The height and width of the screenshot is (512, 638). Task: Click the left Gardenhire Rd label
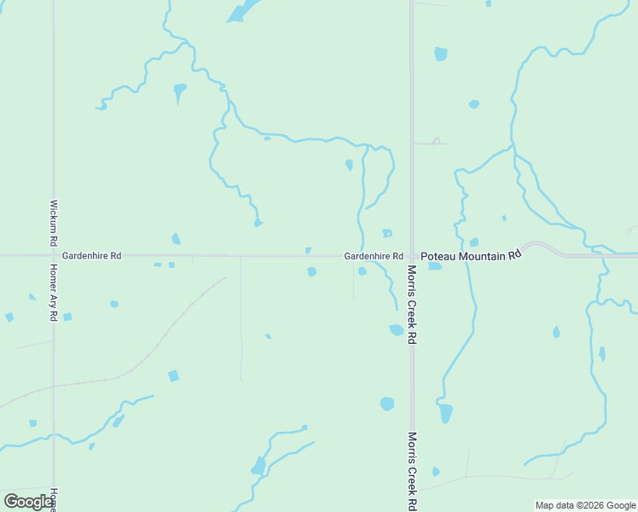[91, 255]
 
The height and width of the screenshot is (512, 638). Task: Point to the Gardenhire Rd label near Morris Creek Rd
[374, 255]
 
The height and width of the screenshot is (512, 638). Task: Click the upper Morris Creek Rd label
[411, 304]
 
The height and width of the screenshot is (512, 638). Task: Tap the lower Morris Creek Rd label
[411, 470]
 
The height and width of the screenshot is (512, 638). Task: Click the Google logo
[29, 501]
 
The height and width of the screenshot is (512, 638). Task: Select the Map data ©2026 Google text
[585, 505]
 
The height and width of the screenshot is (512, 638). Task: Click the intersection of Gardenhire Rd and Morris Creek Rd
[411, 255]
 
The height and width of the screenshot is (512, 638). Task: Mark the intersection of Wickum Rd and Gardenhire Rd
[53, 255]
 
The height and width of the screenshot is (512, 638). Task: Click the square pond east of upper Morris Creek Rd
[440, 54]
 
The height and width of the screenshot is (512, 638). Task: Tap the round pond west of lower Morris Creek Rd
[387, 403]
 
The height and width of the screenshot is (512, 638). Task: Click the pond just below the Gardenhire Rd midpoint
[311, 271]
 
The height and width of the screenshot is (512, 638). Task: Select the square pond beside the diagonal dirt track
[173, 375]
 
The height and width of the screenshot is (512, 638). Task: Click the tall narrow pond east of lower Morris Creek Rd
[445, 413]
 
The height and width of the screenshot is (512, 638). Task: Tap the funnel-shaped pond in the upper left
[179, 90]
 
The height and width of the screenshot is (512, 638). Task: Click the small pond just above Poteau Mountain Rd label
[473, 242]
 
